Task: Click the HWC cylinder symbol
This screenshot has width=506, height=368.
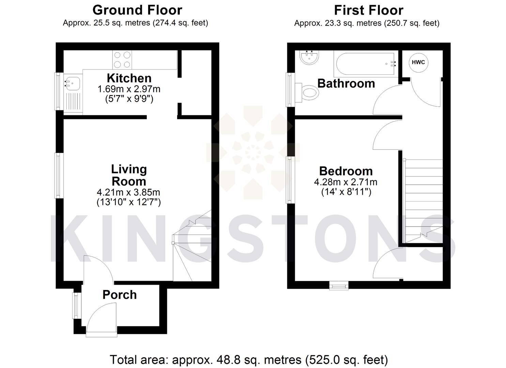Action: coord(418,62)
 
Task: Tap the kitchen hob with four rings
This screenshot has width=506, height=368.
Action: coord(122,60)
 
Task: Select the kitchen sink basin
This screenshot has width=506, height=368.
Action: coord(72,83)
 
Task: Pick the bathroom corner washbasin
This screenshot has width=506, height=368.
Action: coord(309,57)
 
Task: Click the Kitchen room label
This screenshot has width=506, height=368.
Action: coord(129,78)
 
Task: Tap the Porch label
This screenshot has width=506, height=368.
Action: coord(120,295)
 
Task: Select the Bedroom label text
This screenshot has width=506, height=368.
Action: coord(346,171)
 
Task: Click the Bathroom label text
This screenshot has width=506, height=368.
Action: coord(346,83)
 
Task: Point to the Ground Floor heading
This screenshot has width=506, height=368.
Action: coord(137,10)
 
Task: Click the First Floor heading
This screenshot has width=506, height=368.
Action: coord(369,10)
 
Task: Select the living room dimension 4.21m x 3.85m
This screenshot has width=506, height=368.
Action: coord(129,192)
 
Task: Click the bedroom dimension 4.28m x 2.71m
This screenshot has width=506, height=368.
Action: coord(346,182)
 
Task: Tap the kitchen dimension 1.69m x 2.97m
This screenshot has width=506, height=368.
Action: coord(129,89)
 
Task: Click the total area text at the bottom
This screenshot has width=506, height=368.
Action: coord(249,360)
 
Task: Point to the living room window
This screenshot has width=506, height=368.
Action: coord(59,175)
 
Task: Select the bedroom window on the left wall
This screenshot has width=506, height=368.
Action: coord(290,180)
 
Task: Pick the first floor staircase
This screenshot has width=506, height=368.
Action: coord(423,201)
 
